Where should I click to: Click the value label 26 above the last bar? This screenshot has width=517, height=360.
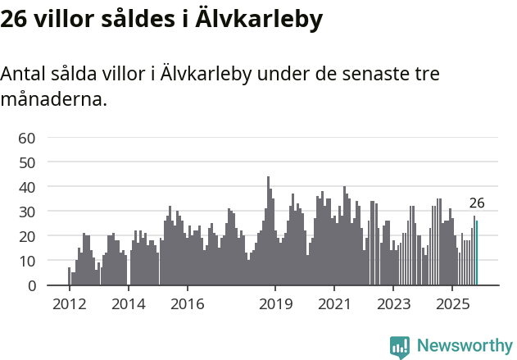[477, 203]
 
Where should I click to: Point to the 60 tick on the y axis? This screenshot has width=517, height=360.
[26, 137]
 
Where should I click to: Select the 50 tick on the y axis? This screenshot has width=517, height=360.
[26, 162]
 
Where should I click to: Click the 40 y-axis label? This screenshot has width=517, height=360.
[26, 187]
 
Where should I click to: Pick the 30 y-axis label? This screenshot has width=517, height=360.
[26, 212]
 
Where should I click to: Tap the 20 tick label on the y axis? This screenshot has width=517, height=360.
[26, 236]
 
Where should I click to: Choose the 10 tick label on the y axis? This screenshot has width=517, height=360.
[26, 261]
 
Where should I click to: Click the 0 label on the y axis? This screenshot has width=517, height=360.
[30, 285]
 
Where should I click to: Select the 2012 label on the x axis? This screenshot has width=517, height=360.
[70, 303]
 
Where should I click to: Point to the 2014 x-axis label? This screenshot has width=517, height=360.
[129, 303]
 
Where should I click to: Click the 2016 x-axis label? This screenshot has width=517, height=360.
[188, 303]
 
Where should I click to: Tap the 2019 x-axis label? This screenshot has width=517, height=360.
[275, 303]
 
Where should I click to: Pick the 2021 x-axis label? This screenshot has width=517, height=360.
[334, 303]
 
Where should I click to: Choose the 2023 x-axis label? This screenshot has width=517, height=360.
[393, 303]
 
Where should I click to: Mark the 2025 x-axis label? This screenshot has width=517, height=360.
[452, 303]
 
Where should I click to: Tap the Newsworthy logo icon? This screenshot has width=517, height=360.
[400, 347]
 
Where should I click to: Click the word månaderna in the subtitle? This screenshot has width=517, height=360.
[53, 100]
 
